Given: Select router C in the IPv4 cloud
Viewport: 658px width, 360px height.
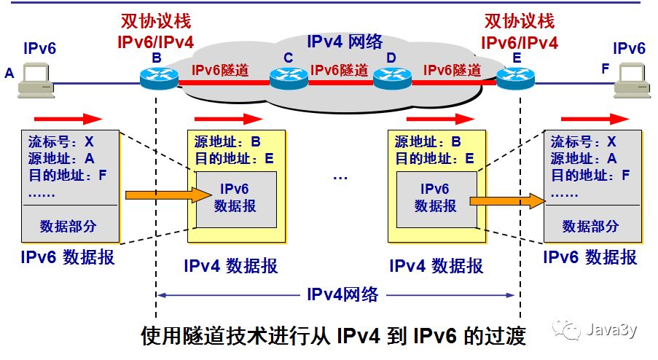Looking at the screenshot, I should click(x=288, y=77).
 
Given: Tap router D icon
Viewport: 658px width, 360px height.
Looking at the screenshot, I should click(x=393, y=77).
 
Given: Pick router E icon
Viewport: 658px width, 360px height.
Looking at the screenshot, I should click(x=517, y=77).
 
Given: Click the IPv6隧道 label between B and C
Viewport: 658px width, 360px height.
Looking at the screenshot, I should click(x=220, y=71).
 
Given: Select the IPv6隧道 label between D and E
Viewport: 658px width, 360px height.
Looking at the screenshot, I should click(x=452, y=71).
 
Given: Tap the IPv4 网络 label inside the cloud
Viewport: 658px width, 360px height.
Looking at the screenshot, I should click(x=344, y=42).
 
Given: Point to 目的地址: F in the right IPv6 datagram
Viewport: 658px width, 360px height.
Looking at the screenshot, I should click(x=591, y=176).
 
